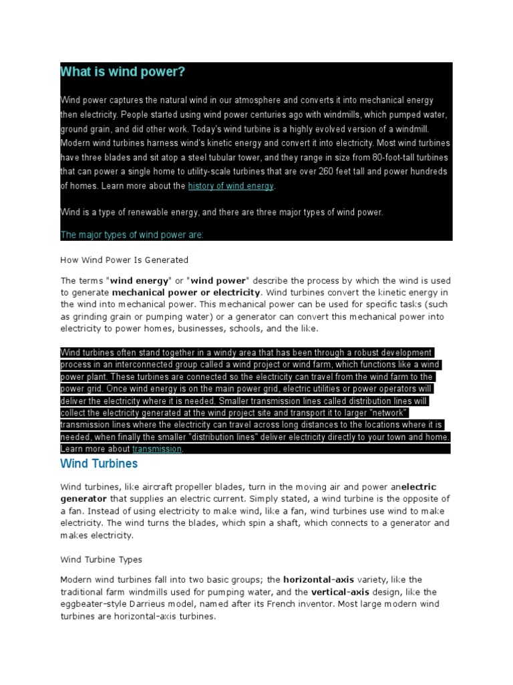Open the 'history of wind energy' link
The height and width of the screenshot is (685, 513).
coord(230,186)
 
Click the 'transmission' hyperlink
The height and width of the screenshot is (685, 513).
coord(157,449)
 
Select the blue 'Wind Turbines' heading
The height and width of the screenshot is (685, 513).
coord(99,464)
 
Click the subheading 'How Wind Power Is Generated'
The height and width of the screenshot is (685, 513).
coord(124,260)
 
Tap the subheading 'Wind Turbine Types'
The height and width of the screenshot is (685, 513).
coord(102,559)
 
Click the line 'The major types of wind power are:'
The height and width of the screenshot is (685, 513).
coord(132,235)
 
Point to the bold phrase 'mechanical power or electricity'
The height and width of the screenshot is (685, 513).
coord(186,292)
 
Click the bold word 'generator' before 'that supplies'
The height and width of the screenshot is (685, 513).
coord(83,498)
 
